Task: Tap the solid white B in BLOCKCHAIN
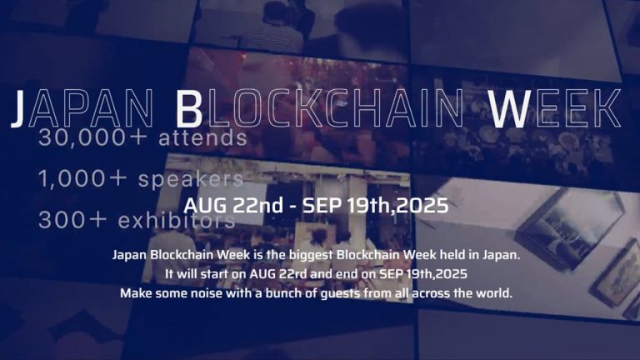click(189, 108)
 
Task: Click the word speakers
click(191, 178)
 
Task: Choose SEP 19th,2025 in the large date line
click(378, 205)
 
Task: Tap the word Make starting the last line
click(137, 293)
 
